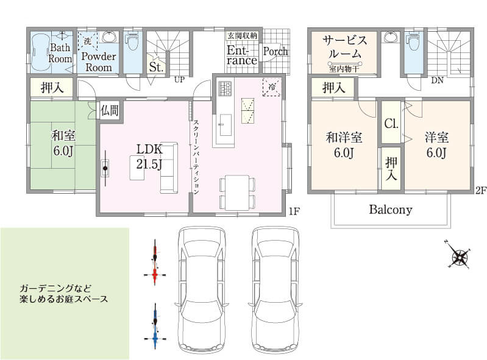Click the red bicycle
[x=155, y=263]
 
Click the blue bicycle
[x=155, y=326]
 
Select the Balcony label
[x=391, y=210]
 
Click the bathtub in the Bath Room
[x=40, y=51]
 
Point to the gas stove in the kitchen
[x=225, y=88]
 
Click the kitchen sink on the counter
[x=226, y=125]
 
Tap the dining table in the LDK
[x=237, y=192]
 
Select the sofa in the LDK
[x=169, y=168]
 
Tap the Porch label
[x=275, y=51]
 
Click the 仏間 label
[x=110, y=110]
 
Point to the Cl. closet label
[x=391, y=124]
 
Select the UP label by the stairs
[x=179, y=79]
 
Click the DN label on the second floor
[x=437, y=80]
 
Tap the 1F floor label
[x=294, y=211]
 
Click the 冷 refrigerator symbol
[x=272, y=87]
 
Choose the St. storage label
[x=156, y=67]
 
